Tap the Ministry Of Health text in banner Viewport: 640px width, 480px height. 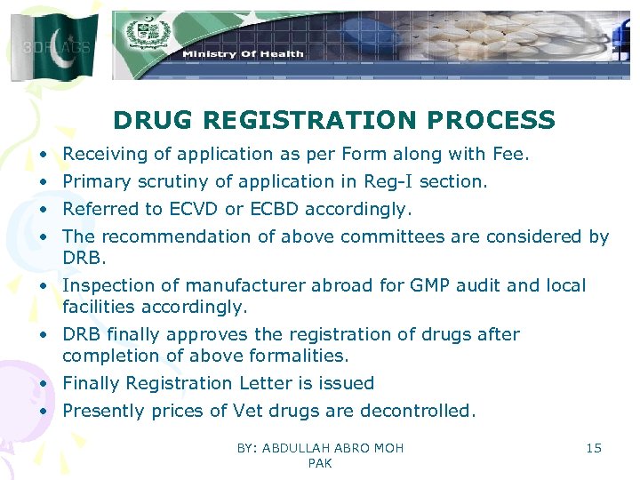[243, 54]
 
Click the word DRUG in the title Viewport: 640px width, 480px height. [151, 120]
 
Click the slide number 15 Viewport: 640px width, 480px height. [594, 448]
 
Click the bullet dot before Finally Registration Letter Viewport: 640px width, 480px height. [44, 384]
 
